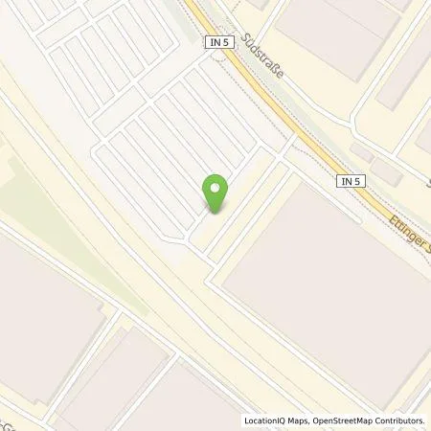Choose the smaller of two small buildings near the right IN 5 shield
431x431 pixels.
point(361,152)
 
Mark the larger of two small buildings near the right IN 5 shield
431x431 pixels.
point(386,171)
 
